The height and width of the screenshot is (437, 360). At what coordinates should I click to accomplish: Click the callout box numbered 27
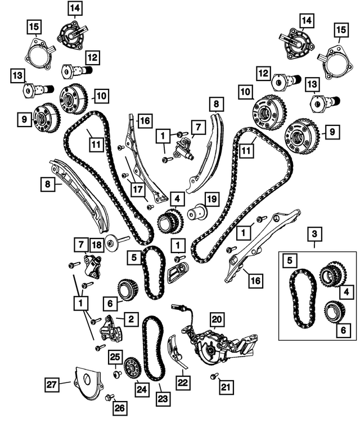click(x=52, y=384)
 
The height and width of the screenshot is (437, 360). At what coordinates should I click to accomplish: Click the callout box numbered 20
click(x=217, y=319)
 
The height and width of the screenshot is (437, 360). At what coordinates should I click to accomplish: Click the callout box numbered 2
click(x=130, y=319)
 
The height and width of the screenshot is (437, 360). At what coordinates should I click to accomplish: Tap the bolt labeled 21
click(x=214, y=376)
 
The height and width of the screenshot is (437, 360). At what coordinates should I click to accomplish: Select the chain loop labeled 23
click(x=154, y=349)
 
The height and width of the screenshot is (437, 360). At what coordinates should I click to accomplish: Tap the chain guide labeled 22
click(x=175, y=349)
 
